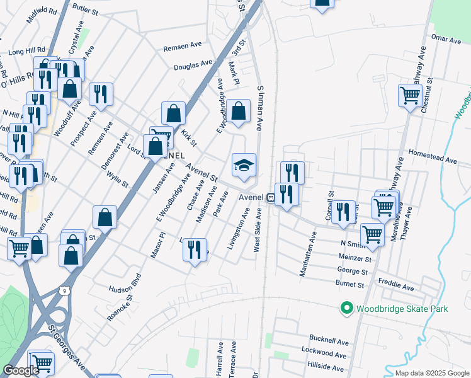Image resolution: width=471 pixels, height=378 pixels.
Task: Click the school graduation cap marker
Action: click(244, 166)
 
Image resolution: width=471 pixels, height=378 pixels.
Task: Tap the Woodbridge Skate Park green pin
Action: click(346, 309)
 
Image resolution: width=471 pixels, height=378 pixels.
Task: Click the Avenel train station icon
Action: click(270, 197)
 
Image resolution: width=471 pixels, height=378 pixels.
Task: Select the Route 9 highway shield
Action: click(64, 289)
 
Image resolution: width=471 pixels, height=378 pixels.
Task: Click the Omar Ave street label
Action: click(446, 38)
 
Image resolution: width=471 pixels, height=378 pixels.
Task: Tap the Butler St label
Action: click(86, 8)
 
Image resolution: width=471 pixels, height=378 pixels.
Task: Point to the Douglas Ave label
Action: click(193, 65)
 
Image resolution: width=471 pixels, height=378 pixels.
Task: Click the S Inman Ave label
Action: click(259, 108)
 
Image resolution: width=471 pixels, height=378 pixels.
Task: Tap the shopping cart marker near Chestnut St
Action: click(410, 96)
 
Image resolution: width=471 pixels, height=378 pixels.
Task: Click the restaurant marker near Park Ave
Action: click(195, 249)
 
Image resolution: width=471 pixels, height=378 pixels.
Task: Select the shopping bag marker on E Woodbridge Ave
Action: click(237, 112)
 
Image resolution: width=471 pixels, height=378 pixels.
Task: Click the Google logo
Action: click(21, 370)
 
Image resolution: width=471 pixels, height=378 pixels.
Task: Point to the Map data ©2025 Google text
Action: click(432, 373)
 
